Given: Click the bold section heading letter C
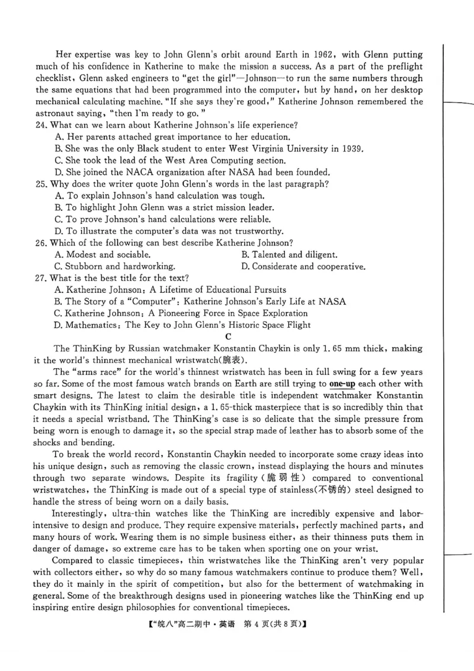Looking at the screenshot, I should [236, 337].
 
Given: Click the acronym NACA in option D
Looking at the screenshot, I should [142, 172].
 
